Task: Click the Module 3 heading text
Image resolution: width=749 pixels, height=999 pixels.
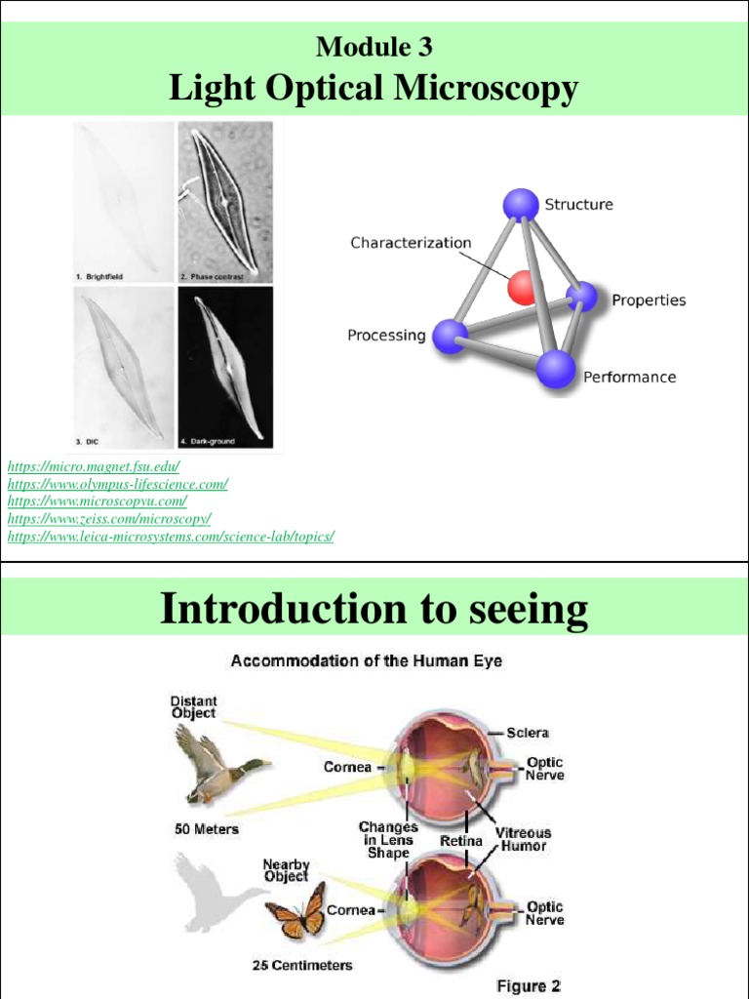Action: click(x=374, y=46)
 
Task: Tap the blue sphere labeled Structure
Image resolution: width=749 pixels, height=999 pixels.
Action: click(x=521, y=205)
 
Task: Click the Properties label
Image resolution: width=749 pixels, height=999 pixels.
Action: click(x=649, y=300)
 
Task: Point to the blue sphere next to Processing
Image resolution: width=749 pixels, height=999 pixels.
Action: click(x=450, y=336)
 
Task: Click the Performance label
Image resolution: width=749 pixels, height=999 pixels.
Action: click(x=629, y=377)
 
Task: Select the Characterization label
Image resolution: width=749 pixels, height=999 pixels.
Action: click(x=411, y=243)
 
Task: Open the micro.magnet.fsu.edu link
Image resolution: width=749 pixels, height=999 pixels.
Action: click(x=94, y=468)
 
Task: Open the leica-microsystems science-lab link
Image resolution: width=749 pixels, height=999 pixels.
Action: click(x=171, y=537)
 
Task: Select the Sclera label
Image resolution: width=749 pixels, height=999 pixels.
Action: click(x=528, y=732)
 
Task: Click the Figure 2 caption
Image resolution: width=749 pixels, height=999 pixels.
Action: click(x=529, y=985)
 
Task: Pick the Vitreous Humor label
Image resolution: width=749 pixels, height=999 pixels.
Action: click(x=524, y=839)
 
